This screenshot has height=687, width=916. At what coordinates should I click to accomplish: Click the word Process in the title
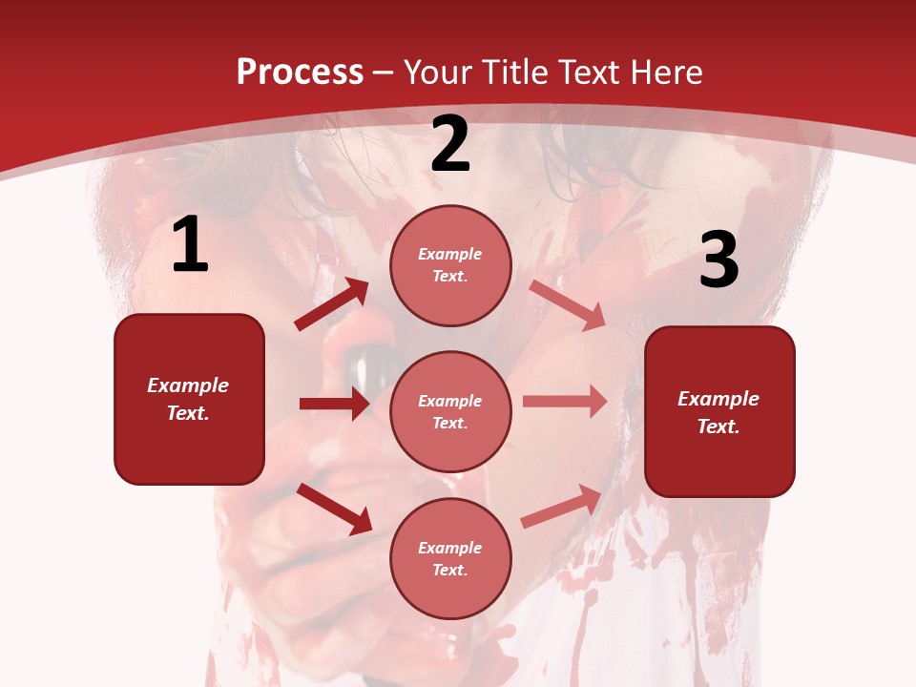point(300,73)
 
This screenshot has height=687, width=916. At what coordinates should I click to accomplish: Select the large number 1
point(190,245)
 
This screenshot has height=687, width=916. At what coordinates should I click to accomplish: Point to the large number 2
point(450,145)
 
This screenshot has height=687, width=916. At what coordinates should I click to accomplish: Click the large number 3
point(718,260)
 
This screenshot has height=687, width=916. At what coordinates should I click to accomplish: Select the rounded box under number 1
point(189,399)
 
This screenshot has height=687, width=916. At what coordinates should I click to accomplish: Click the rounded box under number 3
point(719,411)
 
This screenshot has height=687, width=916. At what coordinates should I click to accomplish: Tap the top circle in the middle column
point(450,265)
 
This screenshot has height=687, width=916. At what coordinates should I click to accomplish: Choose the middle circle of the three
point(450,411)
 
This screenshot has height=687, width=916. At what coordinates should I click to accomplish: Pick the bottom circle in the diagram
point(450,558)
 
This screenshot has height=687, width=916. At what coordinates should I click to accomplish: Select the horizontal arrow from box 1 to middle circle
point(334,404)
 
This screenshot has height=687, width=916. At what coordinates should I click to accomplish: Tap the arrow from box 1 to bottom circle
point(334,509)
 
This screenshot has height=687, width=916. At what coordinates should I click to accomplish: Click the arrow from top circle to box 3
point(568,304)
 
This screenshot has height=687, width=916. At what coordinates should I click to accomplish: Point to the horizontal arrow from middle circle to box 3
point(565,402)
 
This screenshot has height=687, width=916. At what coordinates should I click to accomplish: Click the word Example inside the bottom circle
point(450,548)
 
